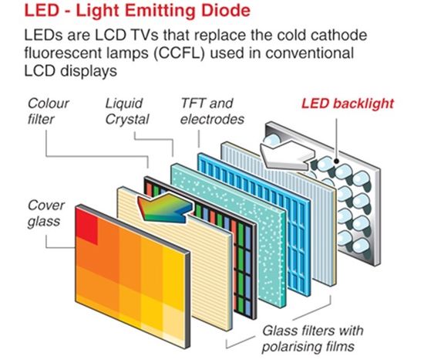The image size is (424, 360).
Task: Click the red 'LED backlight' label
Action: [348, 104]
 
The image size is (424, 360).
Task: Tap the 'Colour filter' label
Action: [48, 111]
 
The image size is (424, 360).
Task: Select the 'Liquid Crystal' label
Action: [127, 111]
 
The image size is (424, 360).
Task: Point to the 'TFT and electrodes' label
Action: [212, 111]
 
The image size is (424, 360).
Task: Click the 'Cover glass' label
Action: [45, 213]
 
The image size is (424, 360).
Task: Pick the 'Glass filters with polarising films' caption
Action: [312, 338]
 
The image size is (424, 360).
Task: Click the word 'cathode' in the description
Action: [338, 35]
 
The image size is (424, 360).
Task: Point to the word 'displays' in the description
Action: [89, 71]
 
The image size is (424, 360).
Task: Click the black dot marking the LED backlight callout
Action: [336, 161]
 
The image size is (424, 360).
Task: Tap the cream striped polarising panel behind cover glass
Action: [175, 259]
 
